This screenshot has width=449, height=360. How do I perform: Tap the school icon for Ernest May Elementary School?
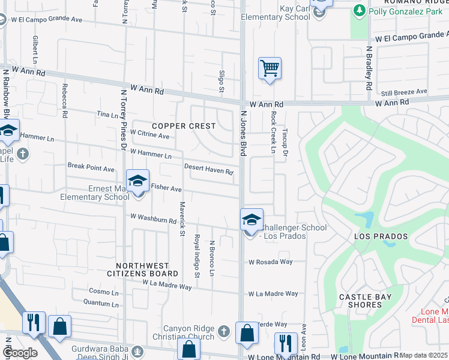click(137, 180)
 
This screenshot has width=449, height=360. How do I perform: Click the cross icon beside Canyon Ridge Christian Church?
click(223, 331)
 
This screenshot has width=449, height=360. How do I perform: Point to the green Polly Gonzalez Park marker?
click(360, 10)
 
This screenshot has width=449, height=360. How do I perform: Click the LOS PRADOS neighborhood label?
click(376, 236)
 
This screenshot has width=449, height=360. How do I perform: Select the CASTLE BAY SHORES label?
click(365, 301)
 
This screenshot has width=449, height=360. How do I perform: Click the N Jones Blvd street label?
click(244, 133)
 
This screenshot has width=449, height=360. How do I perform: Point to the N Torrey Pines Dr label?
click(124, 121)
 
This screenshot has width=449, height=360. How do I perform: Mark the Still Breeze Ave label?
click(404, 92)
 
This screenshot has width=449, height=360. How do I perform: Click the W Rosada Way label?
click(270, 262)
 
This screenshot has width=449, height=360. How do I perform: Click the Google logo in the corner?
click(20, 353)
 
